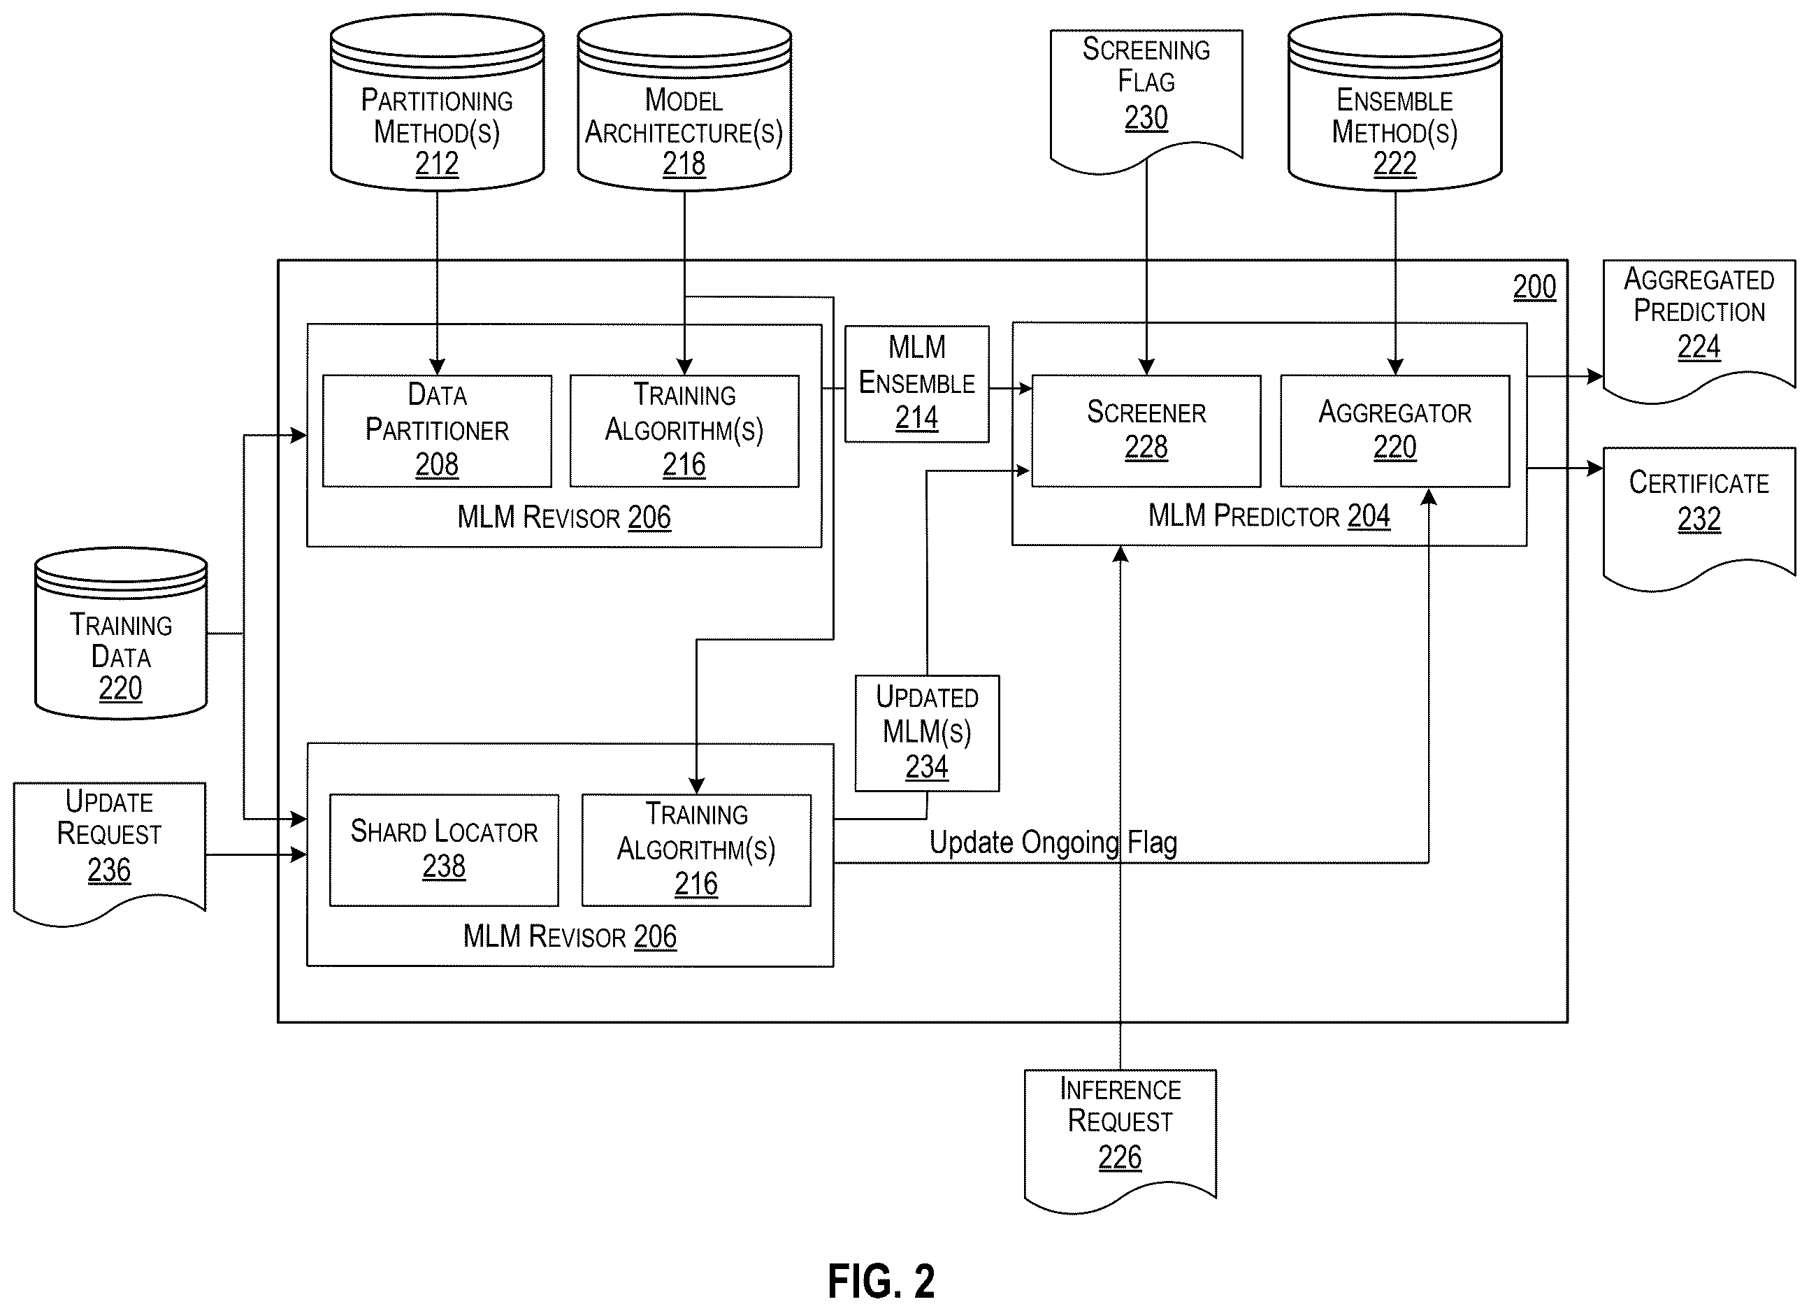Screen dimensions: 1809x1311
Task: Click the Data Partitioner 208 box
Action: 437,431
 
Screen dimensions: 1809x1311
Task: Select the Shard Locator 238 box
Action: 445,850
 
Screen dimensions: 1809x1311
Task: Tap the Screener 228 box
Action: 1146,431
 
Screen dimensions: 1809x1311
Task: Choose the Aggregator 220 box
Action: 1395,431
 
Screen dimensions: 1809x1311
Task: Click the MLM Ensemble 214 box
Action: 917,384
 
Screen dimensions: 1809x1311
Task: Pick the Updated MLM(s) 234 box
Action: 927,733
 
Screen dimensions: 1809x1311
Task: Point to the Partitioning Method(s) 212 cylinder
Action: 437,102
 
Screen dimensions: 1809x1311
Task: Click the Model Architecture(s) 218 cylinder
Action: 684,102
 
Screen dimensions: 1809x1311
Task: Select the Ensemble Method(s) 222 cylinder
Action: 1395,102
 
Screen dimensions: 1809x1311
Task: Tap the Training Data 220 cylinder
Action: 121,633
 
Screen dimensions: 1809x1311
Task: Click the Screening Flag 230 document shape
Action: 1146,101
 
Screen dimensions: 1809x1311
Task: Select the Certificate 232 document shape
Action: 1699,519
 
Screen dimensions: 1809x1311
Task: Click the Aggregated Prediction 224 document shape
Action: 1699,331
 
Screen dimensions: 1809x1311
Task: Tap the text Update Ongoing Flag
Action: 1053,843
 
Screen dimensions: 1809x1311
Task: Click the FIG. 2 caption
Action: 881,1282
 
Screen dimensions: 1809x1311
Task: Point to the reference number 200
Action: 1534,287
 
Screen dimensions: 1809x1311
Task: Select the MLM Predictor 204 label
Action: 1269,516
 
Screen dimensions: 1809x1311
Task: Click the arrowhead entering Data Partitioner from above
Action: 437,366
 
